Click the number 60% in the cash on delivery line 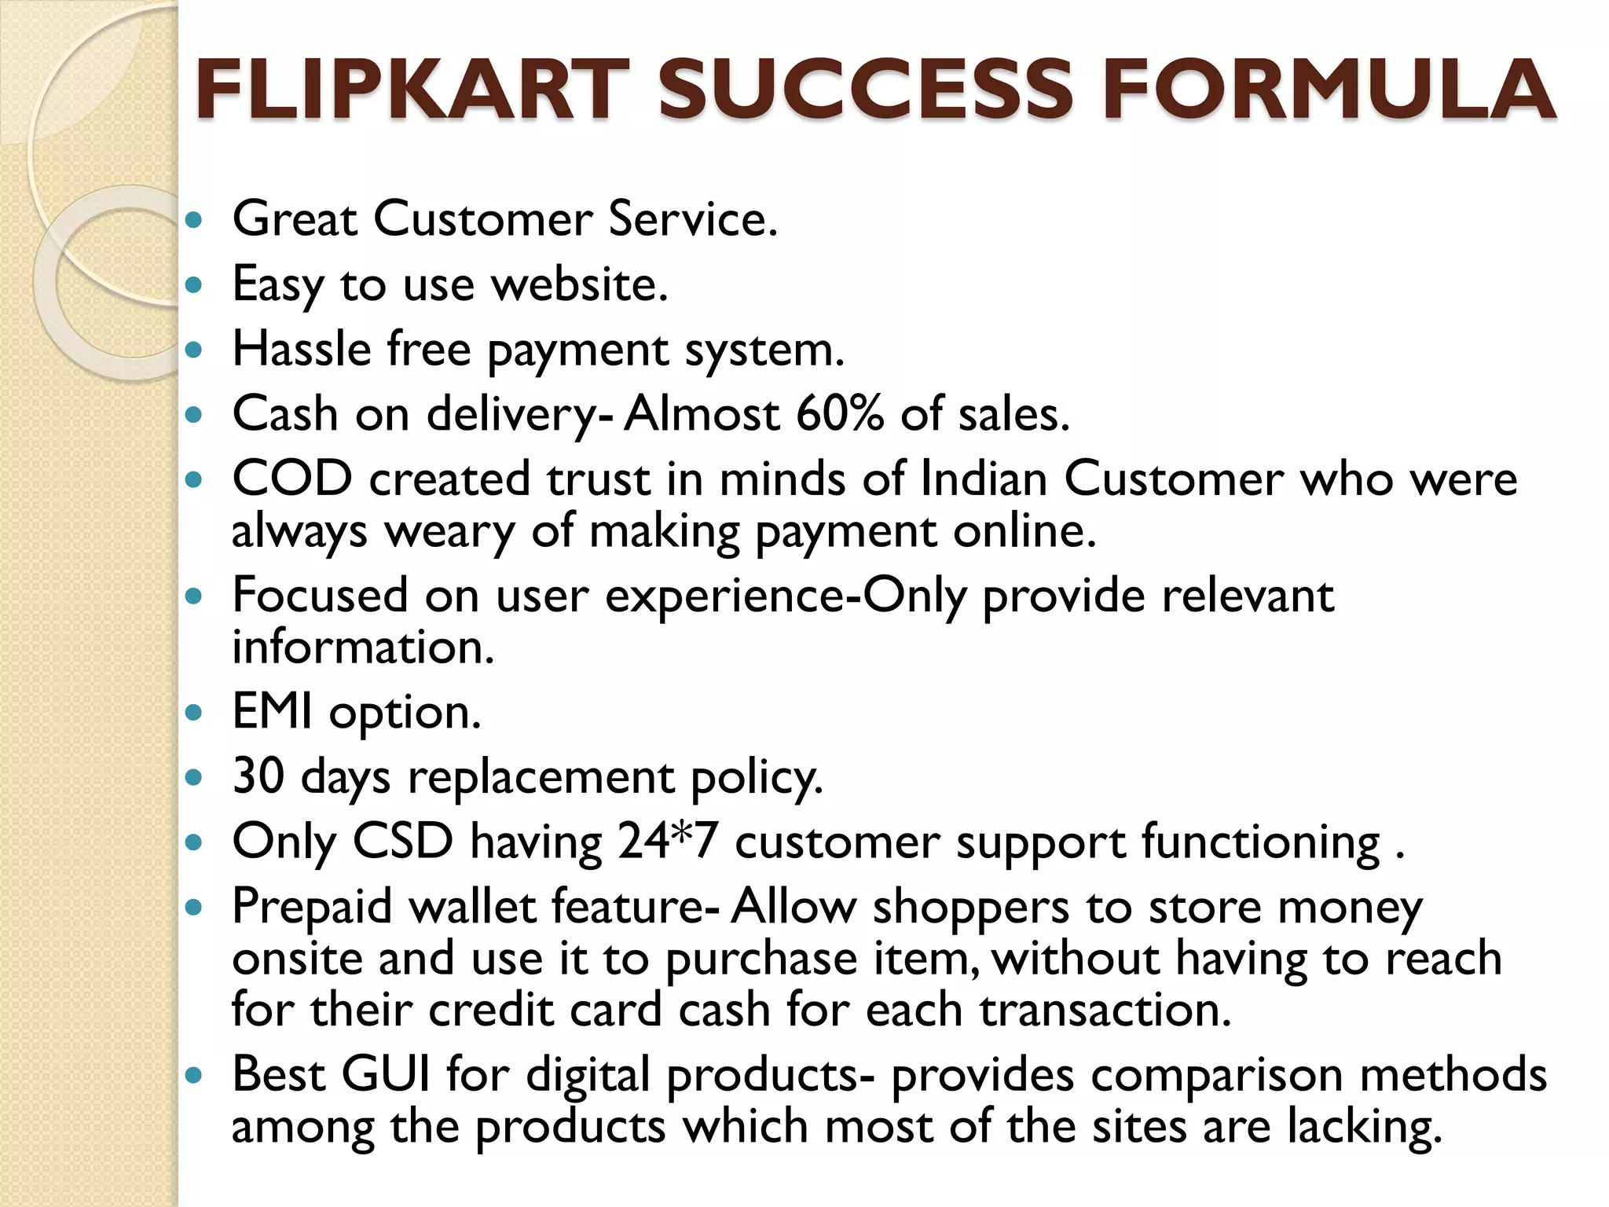840,413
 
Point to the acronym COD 291,479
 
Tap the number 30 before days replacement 258,776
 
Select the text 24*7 668,841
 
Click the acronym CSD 402,841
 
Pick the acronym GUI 386,1073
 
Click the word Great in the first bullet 295,218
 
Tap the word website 579,284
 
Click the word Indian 983,479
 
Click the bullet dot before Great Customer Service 192,220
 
